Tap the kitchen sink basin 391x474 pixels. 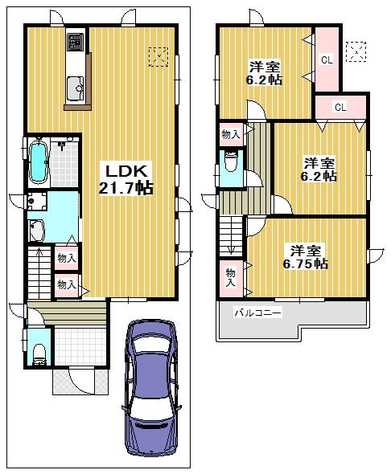click(78, 82)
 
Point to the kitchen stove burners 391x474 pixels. click(76, 41)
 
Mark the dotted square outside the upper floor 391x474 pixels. click(353, 51)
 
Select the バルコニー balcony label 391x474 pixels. click(257, 313)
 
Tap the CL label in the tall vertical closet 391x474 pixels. click(326, 59)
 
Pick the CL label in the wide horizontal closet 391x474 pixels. click(340, 107)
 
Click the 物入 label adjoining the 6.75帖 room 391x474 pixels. click(231, 277)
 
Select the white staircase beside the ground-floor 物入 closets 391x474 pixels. click(39, 273)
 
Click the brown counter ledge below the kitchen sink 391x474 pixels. click(77, 104)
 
